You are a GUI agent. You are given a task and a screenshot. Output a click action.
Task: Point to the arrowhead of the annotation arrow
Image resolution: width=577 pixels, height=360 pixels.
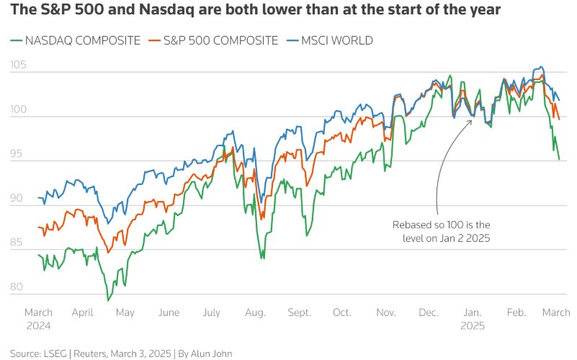[x=472, y=120]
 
